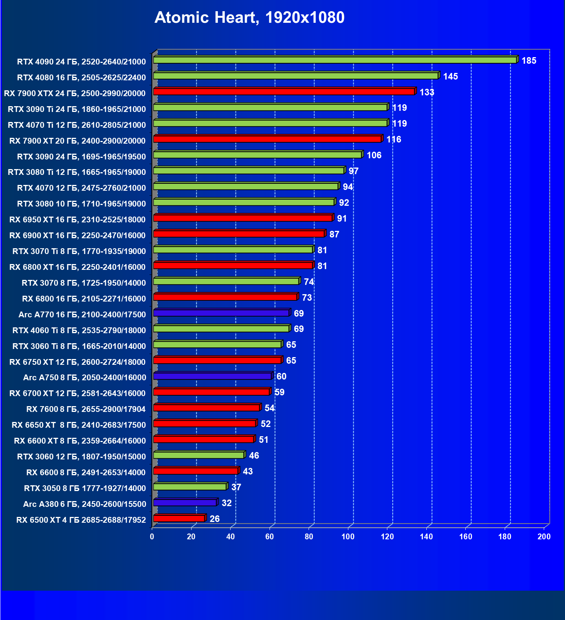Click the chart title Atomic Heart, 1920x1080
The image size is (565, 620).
coord(249,18)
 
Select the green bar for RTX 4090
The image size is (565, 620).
coord(335,60)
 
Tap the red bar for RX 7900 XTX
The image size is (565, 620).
coord(284,91)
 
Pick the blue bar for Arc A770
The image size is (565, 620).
coord(221,313)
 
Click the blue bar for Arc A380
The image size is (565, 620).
coord(185,503)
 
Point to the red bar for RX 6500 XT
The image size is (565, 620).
coord(179,518)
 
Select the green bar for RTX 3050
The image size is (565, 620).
coord(190,487)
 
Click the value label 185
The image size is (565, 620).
coord(529,61)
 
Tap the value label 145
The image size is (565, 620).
coord(450,76)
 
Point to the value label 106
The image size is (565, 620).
coord(374,155)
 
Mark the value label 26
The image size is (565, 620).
coord(214,519)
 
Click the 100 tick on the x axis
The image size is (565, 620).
coord(348,537)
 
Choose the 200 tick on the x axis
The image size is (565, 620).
coord(544,537)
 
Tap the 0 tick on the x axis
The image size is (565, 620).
coord(152,537)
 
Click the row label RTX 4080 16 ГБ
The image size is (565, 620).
coord(81,78)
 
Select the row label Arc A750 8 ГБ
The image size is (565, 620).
coord(85,378)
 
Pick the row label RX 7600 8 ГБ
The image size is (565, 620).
coord(86,409)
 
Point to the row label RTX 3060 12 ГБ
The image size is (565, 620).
coord(81,457)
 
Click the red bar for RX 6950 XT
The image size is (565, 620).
coord(243,218)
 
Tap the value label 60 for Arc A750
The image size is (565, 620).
coord(281,376)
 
